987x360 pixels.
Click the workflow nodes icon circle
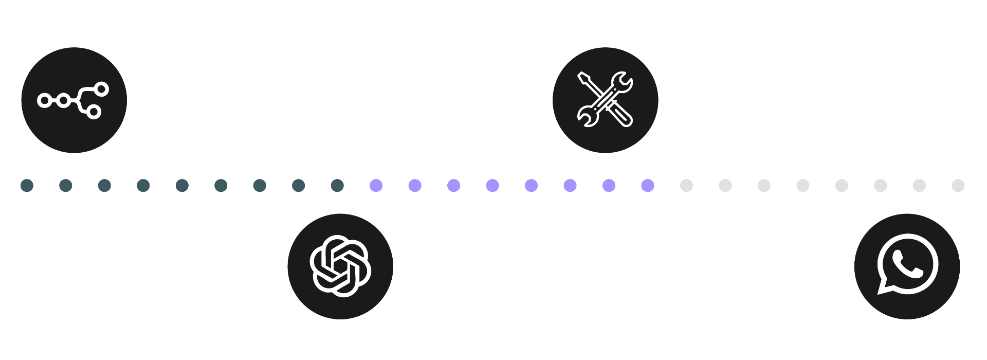tap(74, 100)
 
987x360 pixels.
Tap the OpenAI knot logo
tap(340, 266)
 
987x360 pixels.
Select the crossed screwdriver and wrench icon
tap(605, 99)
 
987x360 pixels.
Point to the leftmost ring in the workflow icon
tap(45, 100)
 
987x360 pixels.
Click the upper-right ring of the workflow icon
tap(101, 89)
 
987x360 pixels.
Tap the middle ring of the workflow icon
tap(64, 100)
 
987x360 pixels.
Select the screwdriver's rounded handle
tap(623, 118)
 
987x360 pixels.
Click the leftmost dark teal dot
tap(27, 186)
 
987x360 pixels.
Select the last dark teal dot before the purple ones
tap(337, 186)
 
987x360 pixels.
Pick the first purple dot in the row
tap(376, 186)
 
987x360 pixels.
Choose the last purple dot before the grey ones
tap(648, 186)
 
